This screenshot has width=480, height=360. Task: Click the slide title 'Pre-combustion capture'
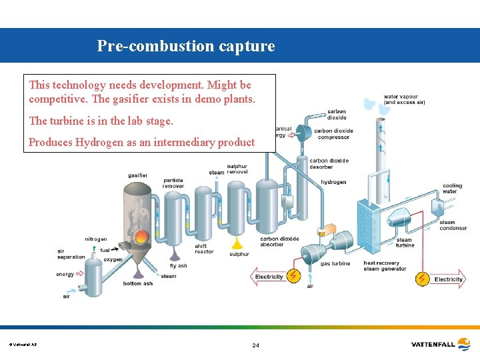pyautogui.click(x=185, y=46)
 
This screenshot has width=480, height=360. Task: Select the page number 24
pyautogui.click(x=255, y=345)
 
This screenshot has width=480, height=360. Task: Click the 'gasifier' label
pyautogui.click(x=138, y=175)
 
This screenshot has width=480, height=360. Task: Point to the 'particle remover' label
pyautogui.click(x=173, y=182)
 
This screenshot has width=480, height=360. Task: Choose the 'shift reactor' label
pyautogui.click(x=204, y=249)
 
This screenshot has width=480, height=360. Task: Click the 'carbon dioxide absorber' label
pyautogui.click(x=279, y=241)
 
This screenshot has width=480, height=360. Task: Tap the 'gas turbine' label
pyautogui.click(x=335, y=263)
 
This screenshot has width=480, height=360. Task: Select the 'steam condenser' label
pyautogui.click(x=453, y=225)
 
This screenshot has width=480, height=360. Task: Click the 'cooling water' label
pyautogui.click(x=452, y=189)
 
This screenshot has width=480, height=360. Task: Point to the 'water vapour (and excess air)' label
pyautogui.click(x=404, y=99)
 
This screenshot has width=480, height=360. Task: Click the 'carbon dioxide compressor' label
pyautogui.click(x=333, y=134)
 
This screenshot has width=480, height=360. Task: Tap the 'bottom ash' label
pyautogui.click(x=137, y=283)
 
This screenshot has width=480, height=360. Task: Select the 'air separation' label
pyautogui.click(x=71, y=254)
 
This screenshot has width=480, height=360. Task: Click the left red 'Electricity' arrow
pyautogui.click(x=269, y=277)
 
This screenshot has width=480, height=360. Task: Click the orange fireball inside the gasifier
pyautogui.click(x=141, y=237)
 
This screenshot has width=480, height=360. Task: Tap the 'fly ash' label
pyautogui.click(x=178, y=266)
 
